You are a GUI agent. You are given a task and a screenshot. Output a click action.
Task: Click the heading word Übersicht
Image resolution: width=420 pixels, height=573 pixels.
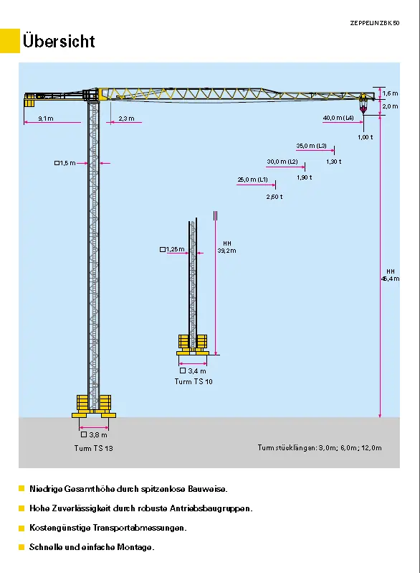59,40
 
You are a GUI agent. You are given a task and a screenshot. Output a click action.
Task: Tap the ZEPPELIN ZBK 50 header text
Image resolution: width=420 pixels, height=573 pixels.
375,23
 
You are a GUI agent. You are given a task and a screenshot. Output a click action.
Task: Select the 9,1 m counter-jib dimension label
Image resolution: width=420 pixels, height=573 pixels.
46,118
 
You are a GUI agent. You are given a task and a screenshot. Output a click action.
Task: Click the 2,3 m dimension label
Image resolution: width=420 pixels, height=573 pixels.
126,118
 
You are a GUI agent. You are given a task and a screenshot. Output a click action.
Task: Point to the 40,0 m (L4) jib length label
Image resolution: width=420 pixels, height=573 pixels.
338,118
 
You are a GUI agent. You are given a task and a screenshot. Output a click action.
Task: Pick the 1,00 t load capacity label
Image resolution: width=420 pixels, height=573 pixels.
366,137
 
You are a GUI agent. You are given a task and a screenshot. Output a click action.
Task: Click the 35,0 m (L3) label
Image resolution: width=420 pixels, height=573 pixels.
311,146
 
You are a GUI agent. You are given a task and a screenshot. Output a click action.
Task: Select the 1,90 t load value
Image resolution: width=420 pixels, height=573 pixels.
305,177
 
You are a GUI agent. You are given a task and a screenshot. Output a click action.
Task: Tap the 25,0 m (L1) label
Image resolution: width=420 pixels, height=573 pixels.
252,180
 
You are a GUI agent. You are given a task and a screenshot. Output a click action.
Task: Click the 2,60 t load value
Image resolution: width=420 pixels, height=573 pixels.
275,197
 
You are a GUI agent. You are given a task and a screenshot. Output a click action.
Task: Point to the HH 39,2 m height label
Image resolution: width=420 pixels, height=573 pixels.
226,248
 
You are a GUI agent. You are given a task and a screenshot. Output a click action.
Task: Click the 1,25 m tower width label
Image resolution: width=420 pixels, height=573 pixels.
172,250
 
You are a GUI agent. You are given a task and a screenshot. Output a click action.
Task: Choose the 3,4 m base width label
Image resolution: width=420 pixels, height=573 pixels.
193,371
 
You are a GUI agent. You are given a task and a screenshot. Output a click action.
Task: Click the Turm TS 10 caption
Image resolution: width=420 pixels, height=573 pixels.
194,381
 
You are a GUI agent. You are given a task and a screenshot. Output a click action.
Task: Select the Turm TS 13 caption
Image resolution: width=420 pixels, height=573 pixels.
94,448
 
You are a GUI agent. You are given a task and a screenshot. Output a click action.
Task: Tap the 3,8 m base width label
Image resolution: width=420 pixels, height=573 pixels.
94,435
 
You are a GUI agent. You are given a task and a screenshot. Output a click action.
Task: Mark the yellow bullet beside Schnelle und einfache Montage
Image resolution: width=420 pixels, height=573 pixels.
22,547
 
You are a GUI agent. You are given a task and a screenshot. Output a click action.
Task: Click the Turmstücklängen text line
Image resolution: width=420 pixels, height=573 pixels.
320,447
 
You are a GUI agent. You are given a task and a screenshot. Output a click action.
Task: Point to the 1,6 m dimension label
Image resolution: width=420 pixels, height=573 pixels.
390,93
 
